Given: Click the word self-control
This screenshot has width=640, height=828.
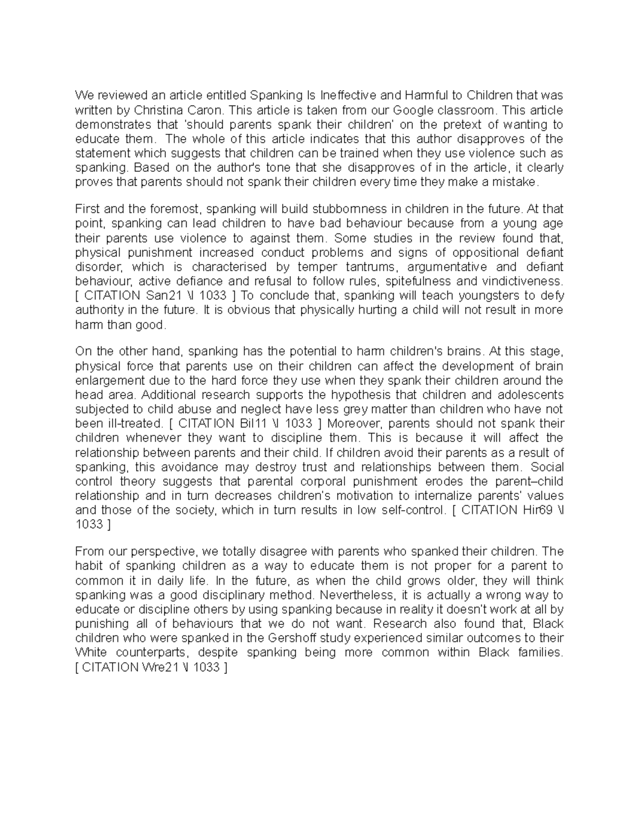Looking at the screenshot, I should (413, 510).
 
